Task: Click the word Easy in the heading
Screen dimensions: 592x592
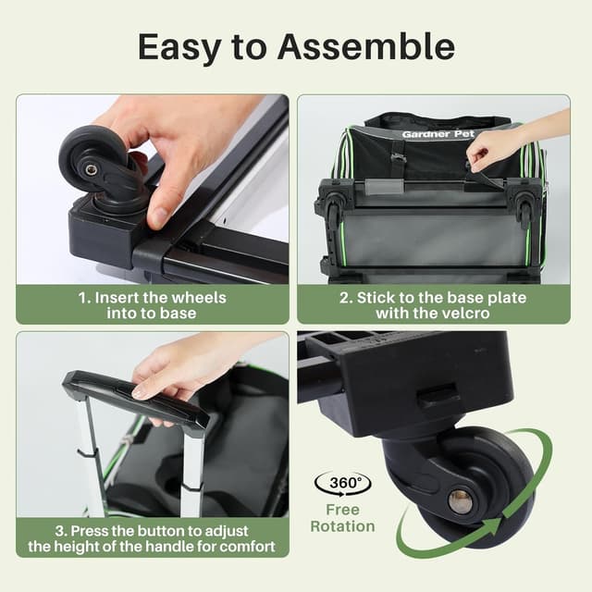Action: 184,47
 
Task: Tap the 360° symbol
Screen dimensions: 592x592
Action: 342,484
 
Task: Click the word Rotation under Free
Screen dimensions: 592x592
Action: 342,526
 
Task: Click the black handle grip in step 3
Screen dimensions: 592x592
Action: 129,396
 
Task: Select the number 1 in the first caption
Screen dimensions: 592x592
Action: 83,297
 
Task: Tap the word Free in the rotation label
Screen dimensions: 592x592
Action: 342,510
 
